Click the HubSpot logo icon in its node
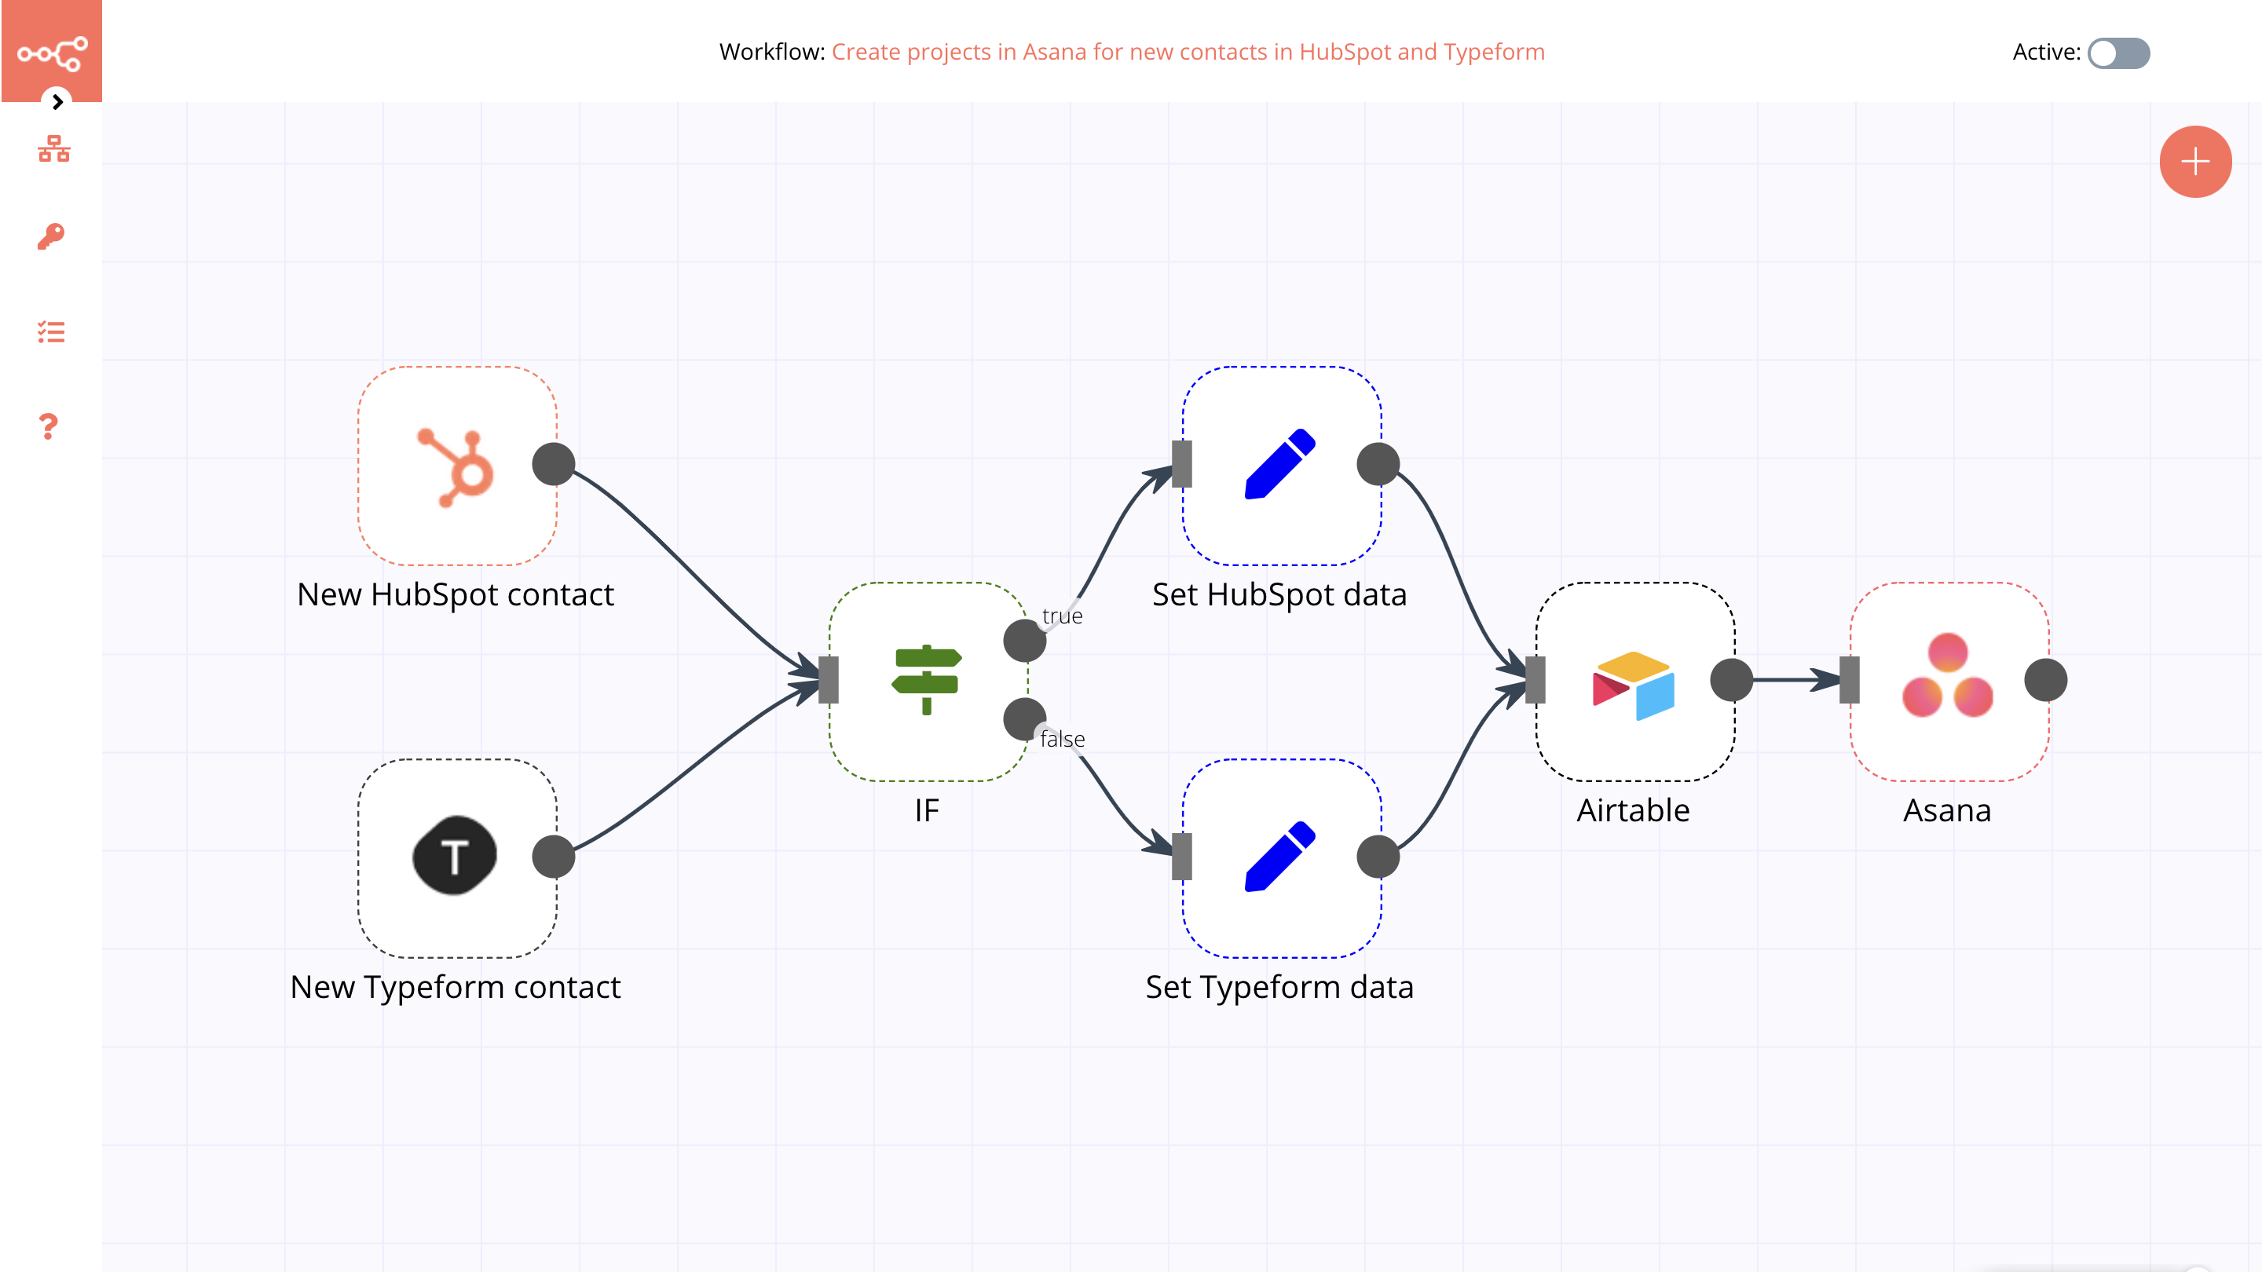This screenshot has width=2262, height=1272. [x=456, y=466]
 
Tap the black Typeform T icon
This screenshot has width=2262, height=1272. [x=455, y=856]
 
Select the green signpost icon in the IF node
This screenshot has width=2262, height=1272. [x=928, y=680]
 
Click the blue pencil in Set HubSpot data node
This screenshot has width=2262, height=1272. [x=1280, y=464]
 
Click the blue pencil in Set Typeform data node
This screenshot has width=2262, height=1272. [x=1280, y=857]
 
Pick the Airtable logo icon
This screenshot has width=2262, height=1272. [x=1634, y=685]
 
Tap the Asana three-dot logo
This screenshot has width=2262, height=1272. [x=1948, y=676]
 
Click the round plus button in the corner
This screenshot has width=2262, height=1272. [x=2195, y=162]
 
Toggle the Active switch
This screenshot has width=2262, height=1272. [x=2118, y=53]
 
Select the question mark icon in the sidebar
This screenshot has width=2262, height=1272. [x=48, y=426]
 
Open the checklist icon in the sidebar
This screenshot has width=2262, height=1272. [x=52, y=332]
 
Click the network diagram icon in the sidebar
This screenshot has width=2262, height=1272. [x=53, y=149]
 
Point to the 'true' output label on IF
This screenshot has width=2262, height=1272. [x=1062, y=616]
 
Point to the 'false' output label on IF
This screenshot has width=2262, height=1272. [x=1062, y=739]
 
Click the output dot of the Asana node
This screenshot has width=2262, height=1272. [x=2045, y=680]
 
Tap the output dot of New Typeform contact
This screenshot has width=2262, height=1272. [x=554, y=857]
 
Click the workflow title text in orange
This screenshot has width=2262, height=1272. [x=1188, y=52]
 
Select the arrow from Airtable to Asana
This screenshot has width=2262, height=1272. [x=1792, y=679]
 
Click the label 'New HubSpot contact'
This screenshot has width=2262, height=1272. [x=455, y=595]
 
